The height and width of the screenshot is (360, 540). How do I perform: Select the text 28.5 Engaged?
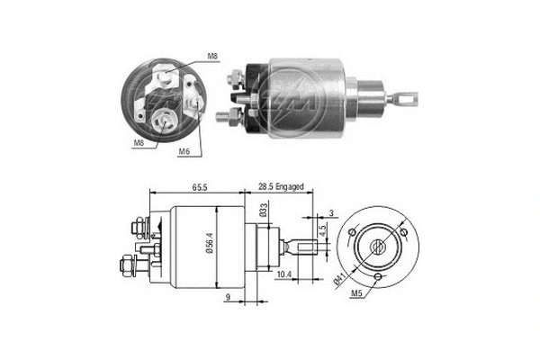click(281, 186)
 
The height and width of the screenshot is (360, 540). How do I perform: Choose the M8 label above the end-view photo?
click(212, 57)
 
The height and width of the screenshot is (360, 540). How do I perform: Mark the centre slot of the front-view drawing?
click(379, 244)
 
